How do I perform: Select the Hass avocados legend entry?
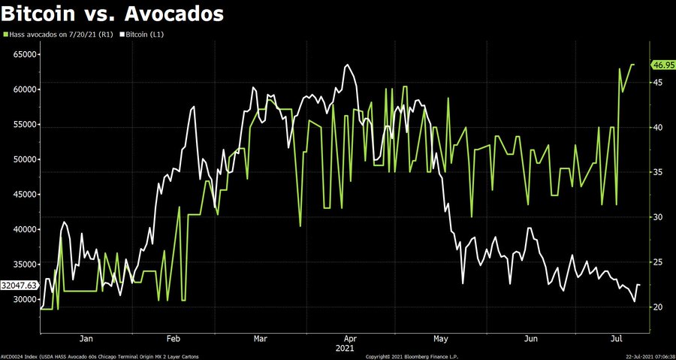tap(59, 35)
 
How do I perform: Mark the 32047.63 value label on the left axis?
tap(20, 286)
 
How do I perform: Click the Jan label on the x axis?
tap(86, 338)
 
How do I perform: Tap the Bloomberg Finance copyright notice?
tap(412, 356)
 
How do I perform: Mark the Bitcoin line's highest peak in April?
tap(347, 65)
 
